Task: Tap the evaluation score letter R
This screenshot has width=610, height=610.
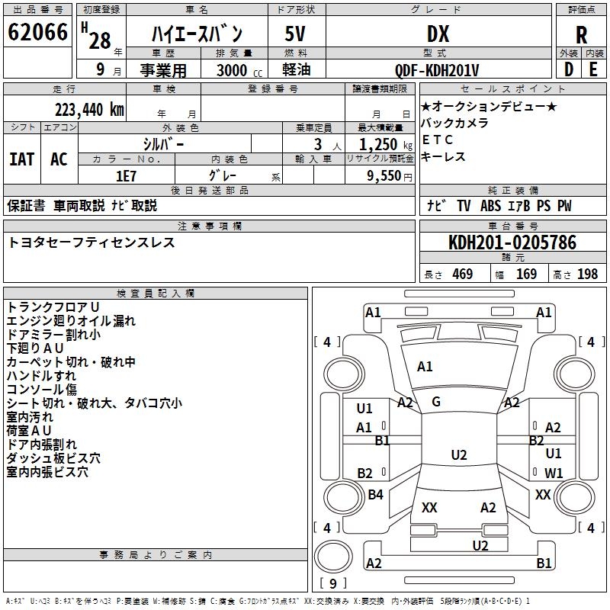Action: [582, 35]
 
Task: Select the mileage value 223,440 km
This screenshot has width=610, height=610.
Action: [89, 109]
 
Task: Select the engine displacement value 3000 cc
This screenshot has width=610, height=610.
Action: [233, 70]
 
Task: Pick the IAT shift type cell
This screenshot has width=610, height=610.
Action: [21, 159]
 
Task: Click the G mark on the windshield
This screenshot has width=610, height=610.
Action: [436, 402]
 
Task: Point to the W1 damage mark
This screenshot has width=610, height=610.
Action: [554, 474]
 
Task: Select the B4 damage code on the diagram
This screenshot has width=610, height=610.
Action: [375, 495]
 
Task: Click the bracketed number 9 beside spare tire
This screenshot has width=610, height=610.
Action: [332, 583]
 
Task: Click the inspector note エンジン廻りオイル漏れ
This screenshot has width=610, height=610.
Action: [71, 321]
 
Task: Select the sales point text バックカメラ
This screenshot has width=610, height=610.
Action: [455, 123]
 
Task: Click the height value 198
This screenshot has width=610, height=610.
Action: [587, 274]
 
